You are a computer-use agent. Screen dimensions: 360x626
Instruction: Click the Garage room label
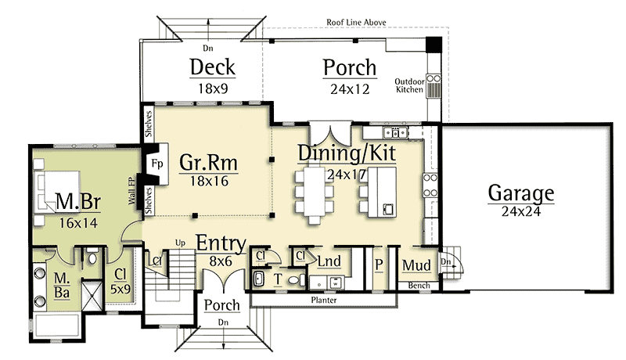pos(520,193)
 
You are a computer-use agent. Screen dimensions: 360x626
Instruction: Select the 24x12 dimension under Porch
pos(349,89)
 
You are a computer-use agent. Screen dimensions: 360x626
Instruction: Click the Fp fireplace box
pos(156,165)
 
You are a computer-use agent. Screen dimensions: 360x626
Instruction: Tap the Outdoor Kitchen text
pos(409,86)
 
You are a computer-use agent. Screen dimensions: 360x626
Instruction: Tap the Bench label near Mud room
pos(418,286)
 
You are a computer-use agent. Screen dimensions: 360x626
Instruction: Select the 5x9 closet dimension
pos(120,288)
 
